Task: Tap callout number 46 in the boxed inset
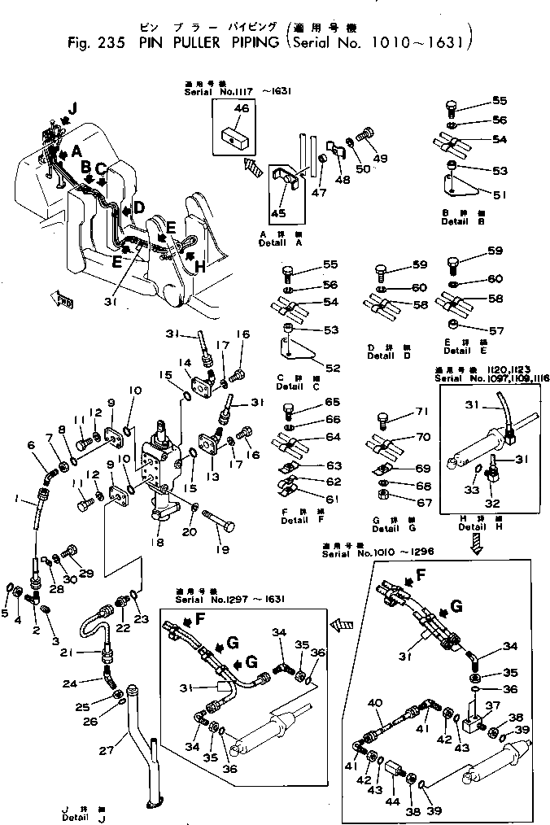tap(241, 108)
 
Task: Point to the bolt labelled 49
tap(380, 158)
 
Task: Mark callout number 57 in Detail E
tap(495, 332)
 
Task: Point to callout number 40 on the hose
tap(375, 703)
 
